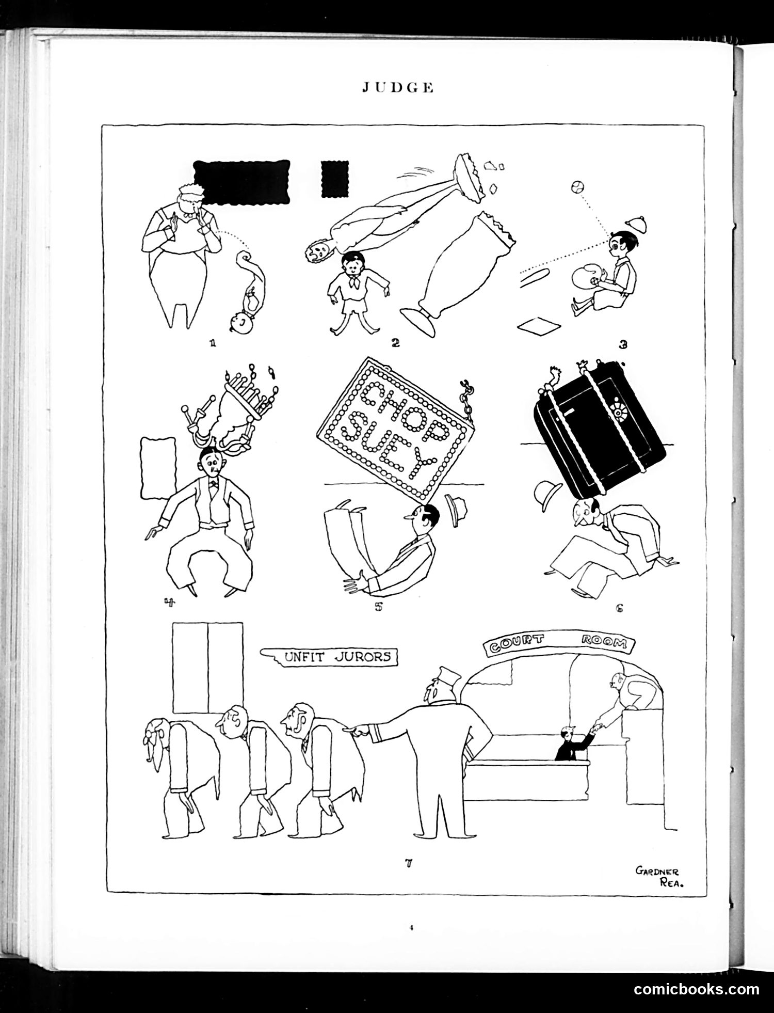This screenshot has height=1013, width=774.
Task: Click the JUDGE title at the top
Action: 397,88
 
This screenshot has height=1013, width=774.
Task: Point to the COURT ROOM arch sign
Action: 559,642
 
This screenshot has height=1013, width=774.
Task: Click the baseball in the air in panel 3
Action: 578,186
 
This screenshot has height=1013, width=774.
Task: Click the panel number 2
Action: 396,342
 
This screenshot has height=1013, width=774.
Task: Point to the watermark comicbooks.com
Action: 697,989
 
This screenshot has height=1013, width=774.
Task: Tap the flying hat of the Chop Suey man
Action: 456,511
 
